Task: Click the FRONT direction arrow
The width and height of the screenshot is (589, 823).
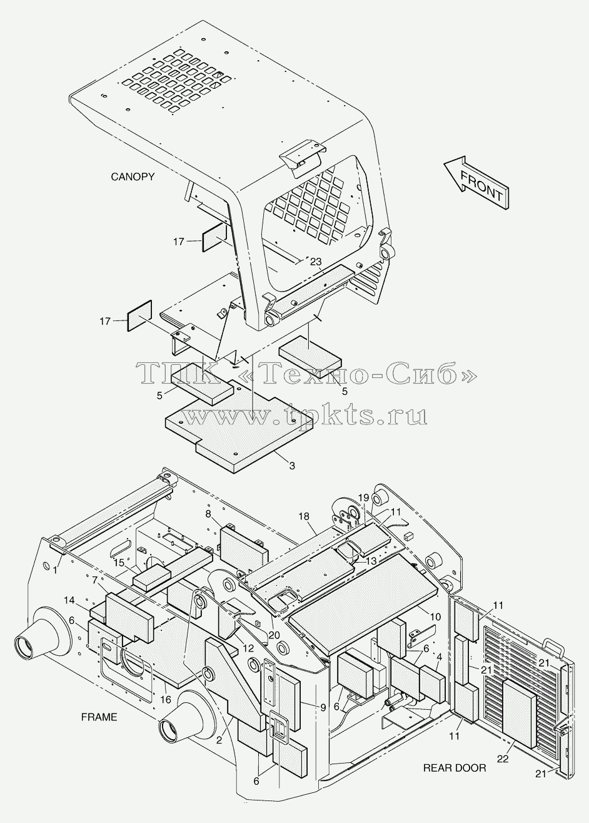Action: click(x=476, y=183)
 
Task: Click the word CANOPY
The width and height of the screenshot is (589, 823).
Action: click(x=133, y=177)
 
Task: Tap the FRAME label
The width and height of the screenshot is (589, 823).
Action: click(x=99, y=717)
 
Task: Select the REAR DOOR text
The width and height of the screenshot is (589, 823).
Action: click(x=455, y=767)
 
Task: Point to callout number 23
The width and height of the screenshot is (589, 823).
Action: click(x=316, y=262)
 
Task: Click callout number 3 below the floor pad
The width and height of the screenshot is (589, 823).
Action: click(x=292, y=466)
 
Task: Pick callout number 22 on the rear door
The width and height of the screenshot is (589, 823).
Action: click(x=503, y=759)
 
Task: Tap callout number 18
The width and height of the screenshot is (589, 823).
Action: click(x=304, y=516)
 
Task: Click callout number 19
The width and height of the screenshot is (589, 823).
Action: click(x=363, y=498)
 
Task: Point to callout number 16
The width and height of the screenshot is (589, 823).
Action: click(x=166, y=700)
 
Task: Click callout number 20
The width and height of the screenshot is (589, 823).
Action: click(x=274, y=635)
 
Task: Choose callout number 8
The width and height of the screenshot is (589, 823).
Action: click(x=208, y=514)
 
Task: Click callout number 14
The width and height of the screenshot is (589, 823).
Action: click(x=69, y=600)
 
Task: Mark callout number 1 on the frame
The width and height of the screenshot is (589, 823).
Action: click(x=54, y=570)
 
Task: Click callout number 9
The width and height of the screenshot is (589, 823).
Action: click(x=323, y=707)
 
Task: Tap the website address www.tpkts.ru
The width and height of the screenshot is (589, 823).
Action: click(x=305, y=417)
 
